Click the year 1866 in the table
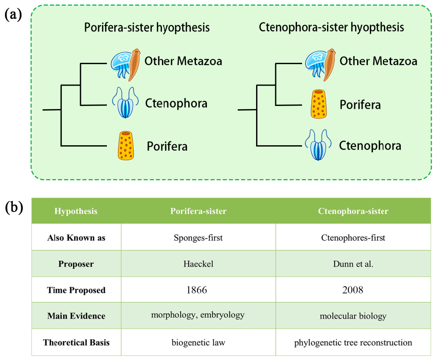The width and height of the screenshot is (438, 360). [x=198, y=289]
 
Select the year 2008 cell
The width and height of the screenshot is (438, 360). [x=353, y=289]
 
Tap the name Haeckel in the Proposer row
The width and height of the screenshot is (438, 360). [x=198, y=264]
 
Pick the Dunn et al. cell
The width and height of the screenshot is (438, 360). [x=353, y=264]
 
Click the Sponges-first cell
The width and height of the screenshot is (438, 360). [x=198, y=238]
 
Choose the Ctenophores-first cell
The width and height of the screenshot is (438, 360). [x=353, y=238]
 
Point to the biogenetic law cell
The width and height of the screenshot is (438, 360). [x=198, y=342]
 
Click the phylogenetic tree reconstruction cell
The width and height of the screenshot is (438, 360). [x=353, y=342]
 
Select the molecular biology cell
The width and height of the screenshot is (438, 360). [x=353, y=316]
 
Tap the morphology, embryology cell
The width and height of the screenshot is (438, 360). [x=198, y=316]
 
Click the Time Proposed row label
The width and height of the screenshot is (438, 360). [x=76, y=290]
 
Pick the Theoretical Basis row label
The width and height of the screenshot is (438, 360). [x=76, y=342]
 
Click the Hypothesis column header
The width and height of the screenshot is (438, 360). [x=76, y=211]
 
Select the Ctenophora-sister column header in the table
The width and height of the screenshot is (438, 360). [x=353, y=211]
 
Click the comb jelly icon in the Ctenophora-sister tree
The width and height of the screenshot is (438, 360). [x=320, y=145]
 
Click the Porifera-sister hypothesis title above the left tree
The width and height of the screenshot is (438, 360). [x=147, y=27]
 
